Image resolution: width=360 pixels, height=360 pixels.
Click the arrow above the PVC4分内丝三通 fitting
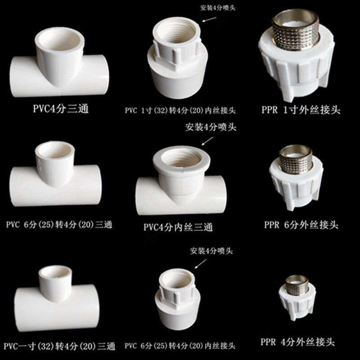(208, 141)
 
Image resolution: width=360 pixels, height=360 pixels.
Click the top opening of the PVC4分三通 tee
(60, 43)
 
